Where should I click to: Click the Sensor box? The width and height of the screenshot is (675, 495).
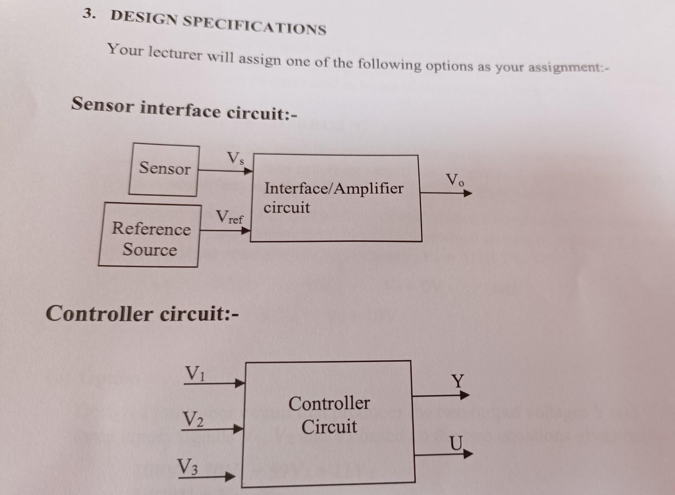coord(164,169)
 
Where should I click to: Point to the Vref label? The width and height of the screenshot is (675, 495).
coord(229,217)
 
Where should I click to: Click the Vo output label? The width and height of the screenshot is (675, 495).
coord(455,180)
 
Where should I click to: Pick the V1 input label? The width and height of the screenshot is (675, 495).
coord(195,374)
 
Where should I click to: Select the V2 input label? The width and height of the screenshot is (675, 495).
coord(193,419)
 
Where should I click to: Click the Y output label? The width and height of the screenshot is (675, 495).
coord(457,381)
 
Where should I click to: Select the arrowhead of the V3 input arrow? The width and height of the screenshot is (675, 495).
coord(230,478)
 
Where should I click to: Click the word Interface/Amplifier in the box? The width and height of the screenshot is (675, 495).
coord(334,188)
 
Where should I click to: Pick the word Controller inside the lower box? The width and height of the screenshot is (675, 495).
coord(329,403)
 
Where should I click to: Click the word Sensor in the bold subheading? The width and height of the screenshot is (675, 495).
coord(103,105)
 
